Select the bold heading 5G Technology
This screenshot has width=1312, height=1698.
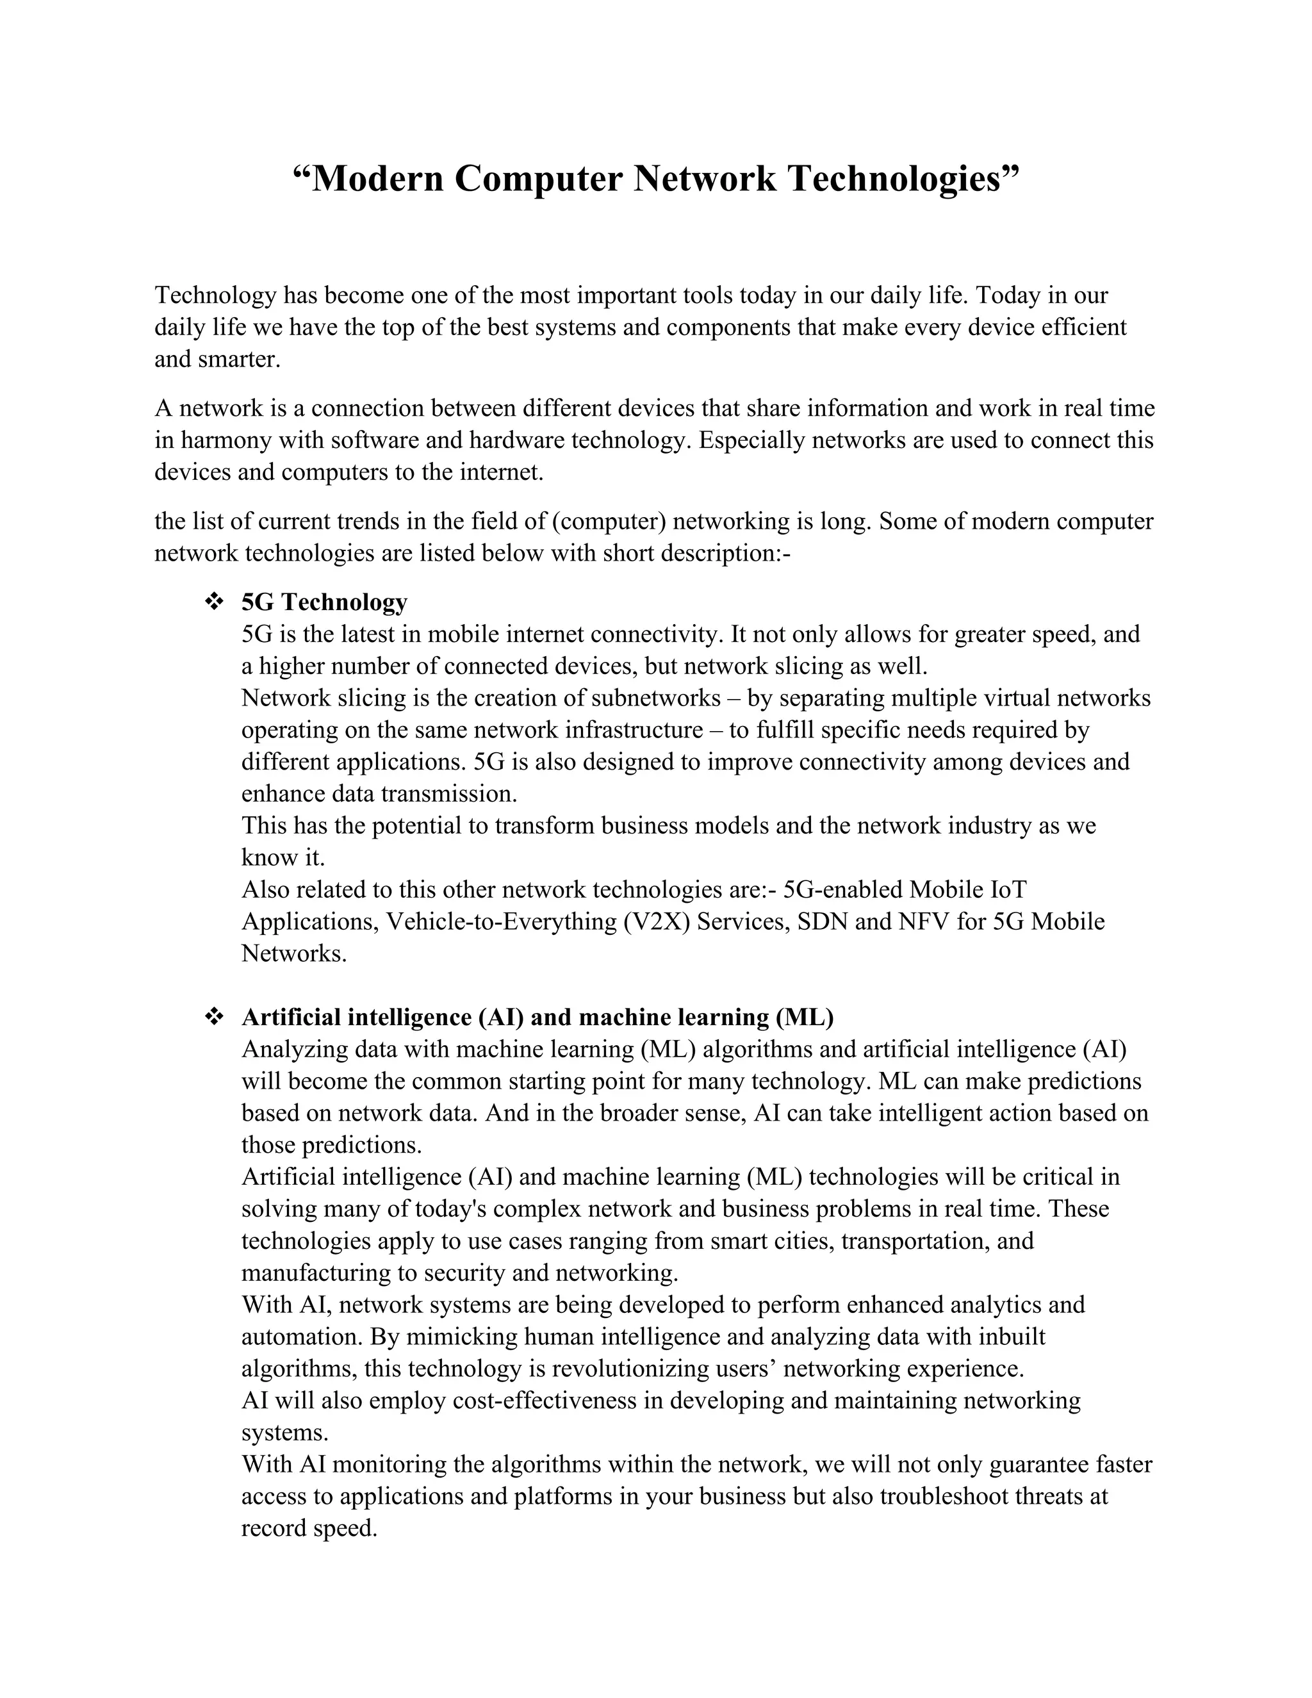tap(324, 602)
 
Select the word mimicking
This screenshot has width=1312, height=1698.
tap(462, 1337)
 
